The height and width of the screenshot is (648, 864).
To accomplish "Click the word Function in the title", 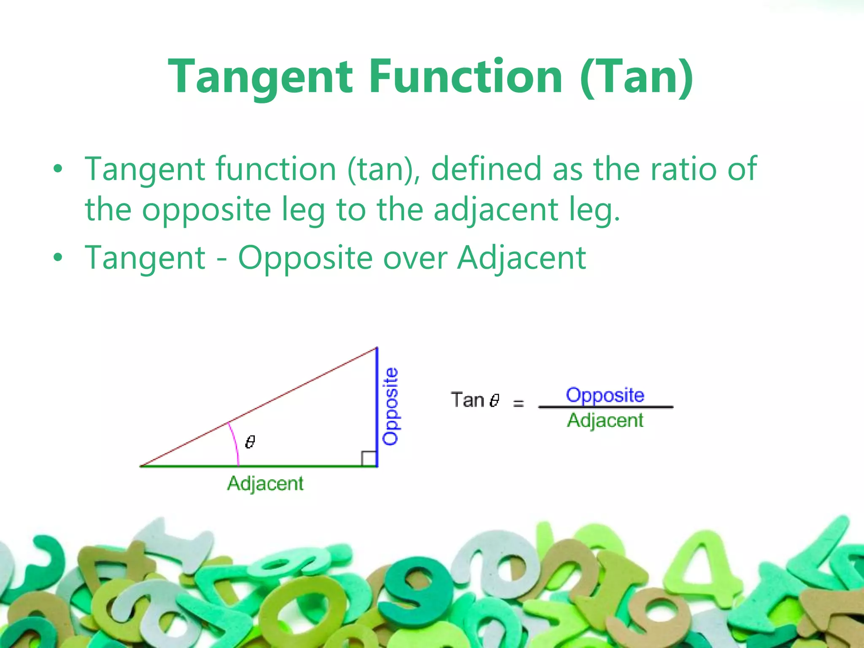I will click(x=466, y=77).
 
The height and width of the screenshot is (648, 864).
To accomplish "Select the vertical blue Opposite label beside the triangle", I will click(x=391, y=406).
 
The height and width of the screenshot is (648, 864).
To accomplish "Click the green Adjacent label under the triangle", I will click(x=265, y=483).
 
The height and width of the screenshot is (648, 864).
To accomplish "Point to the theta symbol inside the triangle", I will click(x=250, y=442).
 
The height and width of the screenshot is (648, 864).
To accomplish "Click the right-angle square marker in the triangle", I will click(x=369, y=459).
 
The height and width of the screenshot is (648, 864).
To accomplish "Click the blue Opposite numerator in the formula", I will click(x=605, y=395).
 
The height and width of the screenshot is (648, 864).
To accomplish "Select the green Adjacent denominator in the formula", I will click(x=605, y=421).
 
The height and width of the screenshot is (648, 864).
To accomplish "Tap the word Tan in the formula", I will click(x=467, y=400).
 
